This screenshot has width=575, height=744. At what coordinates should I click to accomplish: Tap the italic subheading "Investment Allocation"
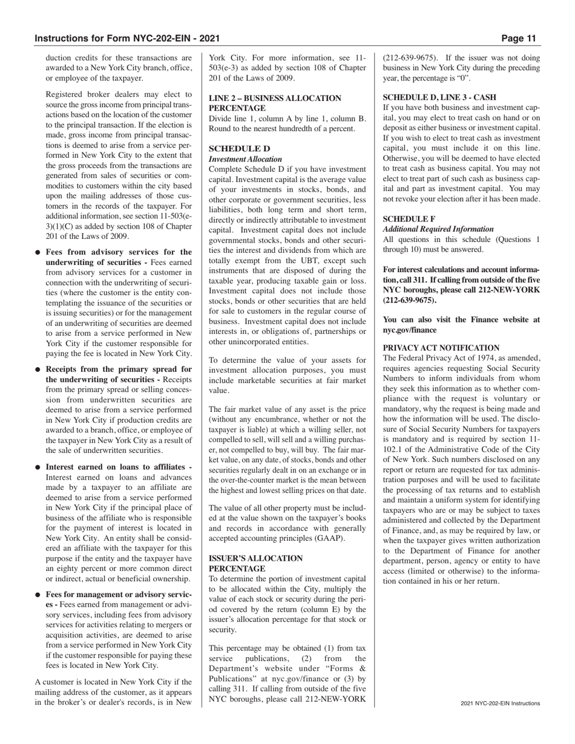point(245,159)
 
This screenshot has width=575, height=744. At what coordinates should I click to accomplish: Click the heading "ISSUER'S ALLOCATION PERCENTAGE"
point(255,564)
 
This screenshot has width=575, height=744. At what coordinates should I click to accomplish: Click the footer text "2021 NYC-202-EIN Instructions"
point(500,703)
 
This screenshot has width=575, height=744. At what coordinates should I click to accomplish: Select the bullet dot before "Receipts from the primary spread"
point(38,370)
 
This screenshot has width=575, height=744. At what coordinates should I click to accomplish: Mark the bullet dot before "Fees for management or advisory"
point(38,595)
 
